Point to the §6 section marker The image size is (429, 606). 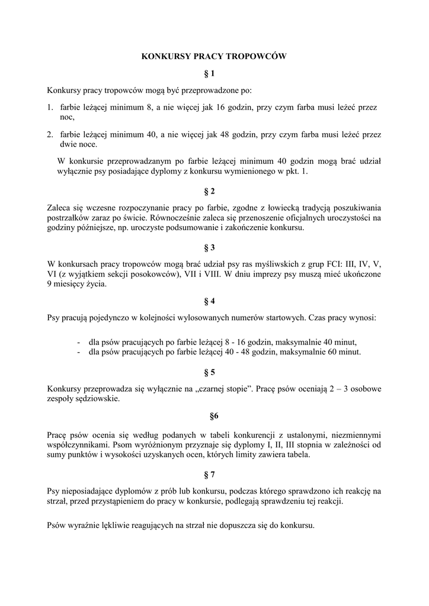(214, 416)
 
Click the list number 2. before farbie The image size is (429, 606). (50, 135)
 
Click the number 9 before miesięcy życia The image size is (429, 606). (49, 285)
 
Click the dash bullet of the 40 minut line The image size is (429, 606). (79, 341)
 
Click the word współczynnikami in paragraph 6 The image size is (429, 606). (75, 444)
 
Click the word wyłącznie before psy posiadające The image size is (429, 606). (74, 171)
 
